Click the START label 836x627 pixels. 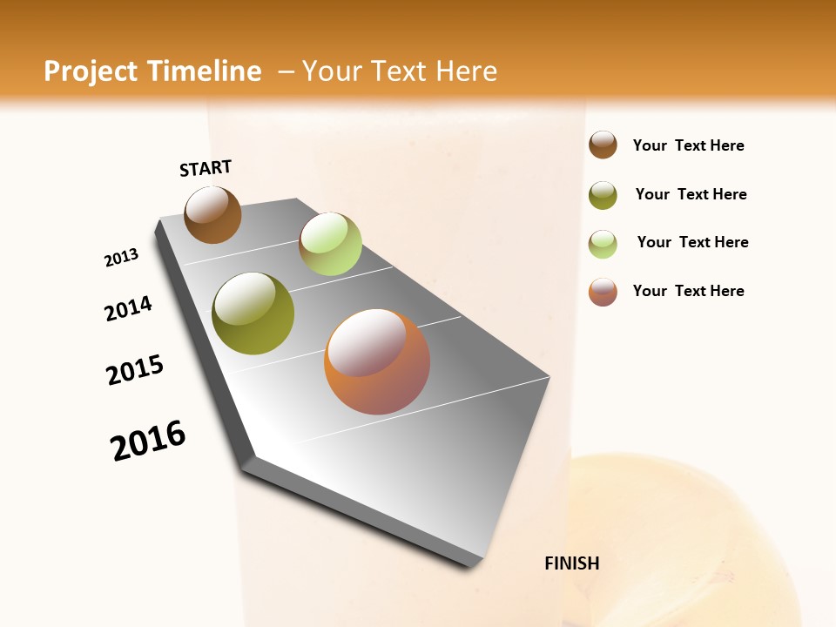click(206, 168)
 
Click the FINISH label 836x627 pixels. click(571, 563)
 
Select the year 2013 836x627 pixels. click(121, 258)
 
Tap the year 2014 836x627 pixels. click(128, 308)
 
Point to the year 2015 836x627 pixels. click(135, 370)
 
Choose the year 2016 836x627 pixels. click(148, 441)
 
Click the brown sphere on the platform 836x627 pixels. click(212, 214)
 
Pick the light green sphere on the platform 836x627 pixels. click(330, 244)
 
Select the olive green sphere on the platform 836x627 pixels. click(253, 313)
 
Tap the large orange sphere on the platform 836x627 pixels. click(377, 361)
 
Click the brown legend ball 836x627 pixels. click(603, 145)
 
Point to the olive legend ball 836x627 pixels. click(603, 195)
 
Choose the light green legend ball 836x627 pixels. click(603, 243)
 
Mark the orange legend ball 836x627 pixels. click(603, 292)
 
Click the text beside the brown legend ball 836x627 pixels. click(688, 145)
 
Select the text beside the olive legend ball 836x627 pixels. click(691, 194)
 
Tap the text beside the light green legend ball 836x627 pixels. click(692, 242)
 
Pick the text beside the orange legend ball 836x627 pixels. click(688, 291)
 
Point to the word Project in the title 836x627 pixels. click(90, 71)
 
